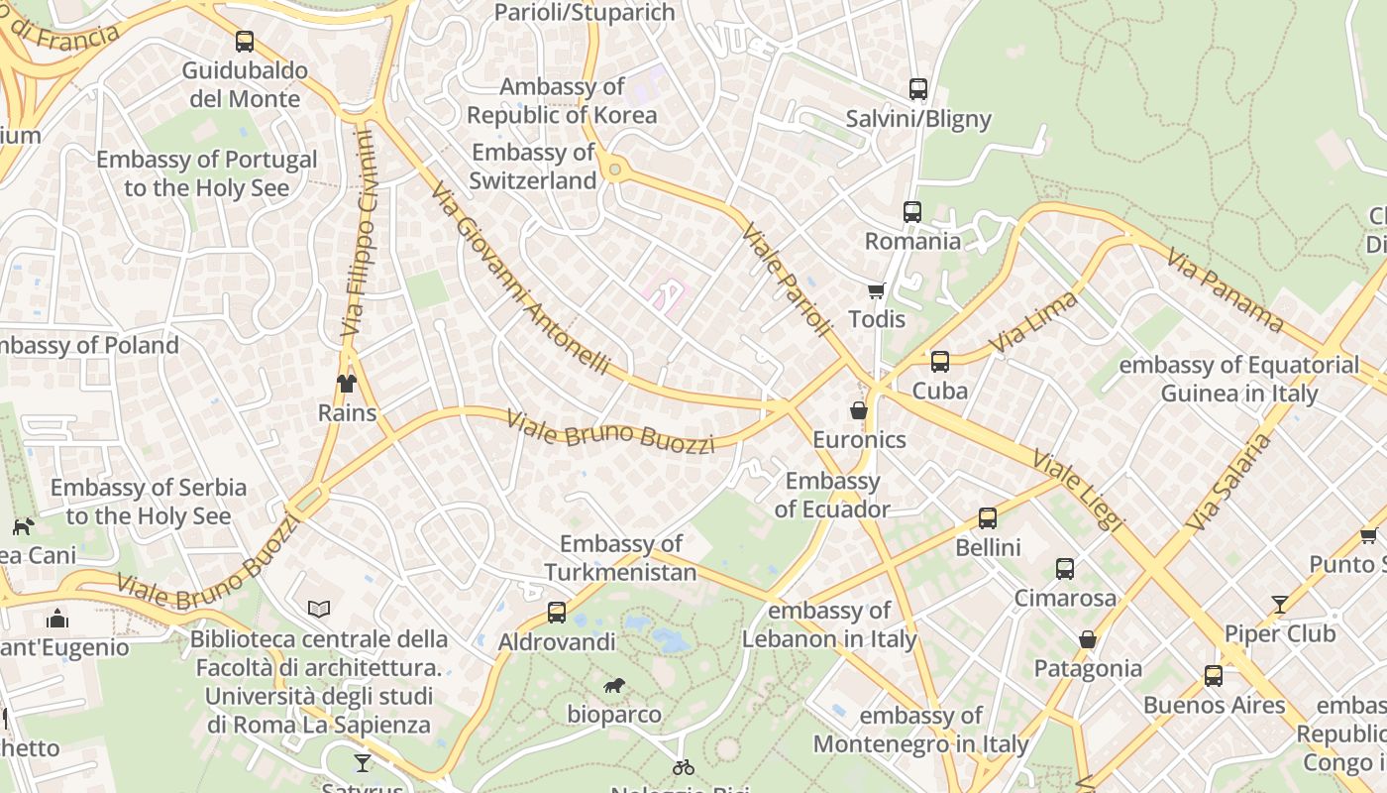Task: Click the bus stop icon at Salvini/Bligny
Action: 917,89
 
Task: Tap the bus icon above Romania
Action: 911,211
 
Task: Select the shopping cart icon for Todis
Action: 876,289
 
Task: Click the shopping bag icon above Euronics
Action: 858,409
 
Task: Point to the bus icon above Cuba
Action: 939,361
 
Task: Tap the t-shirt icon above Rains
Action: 346,383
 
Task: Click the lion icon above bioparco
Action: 614,684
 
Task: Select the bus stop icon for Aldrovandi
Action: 557,613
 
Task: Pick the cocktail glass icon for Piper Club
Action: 1280,604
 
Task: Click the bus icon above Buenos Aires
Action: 1213,676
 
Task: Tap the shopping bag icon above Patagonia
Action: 1087,639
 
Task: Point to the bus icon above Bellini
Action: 987,517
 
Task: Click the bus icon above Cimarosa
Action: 1064,569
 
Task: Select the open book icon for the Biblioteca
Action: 319,609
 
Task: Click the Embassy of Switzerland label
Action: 533,167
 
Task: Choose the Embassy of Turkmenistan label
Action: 620,558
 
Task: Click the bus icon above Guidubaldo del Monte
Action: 245,42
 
